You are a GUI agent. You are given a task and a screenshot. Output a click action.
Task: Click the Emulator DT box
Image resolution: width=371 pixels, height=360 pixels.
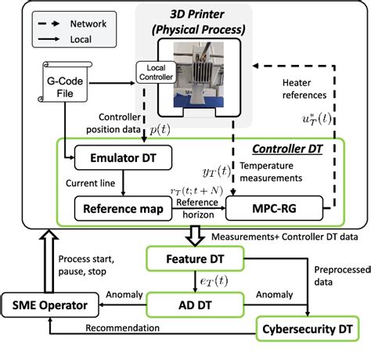pos(115,157)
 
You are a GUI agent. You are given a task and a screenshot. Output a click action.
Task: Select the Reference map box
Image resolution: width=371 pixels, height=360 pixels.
pos(121,208)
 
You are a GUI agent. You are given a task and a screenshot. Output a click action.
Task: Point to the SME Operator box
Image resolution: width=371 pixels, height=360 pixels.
pos(49,301)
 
